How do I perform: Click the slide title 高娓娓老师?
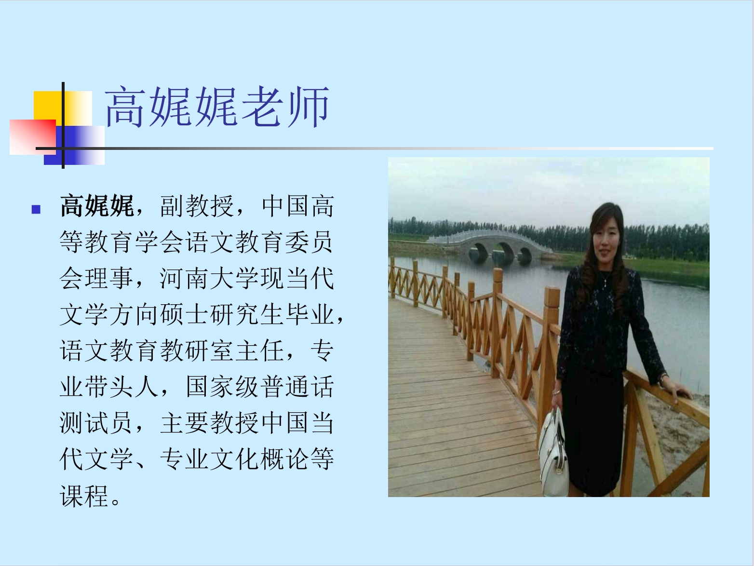click(217, 107)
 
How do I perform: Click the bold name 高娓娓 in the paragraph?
click(97, 206)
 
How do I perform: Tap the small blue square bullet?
click(36, 209)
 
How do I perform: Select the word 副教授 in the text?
click(197, 206)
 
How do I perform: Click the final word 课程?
click(84, 496)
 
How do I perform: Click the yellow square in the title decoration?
click(63, 108)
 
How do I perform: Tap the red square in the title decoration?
click(33, 137)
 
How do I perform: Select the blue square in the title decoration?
click(74, 145)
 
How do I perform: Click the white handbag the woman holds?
click(553, 453)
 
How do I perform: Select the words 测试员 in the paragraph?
click(97, 423)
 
